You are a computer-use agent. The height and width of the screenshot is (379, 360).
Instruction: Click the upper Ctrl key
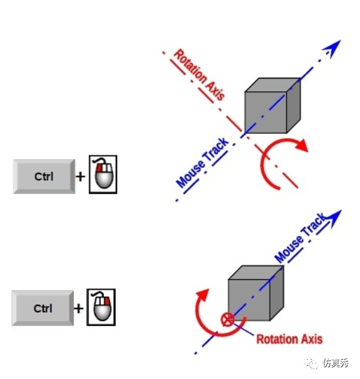coord(44,177)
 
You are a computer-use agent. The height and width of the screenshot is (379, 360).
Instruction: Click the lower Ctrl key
coord(42,308)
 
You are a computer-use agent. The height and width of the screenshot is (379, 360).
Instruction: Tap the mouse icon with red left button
coord(103,174)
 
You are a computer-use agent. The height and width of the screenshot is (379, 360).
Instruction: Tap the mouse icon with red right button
coord(101,307)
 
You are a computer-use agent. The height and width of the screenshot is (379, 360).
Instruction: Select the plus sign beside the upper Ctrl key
coord(81,177)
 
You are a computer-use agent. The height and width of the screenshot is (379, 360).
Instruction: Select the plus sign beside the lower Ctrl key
coord(78,308)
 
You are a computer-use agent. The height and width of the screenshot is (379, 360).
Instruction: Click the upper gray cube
coord(272,106)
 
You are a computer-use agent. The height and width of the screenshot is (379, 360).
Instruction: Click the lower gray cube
coord(256,293)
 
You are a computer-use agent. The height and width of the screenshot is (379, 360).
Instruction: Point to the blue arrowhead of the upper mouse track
coord(332,48)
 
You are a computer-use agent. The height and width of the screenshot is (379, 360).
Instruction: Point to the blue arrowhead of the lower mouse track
coord(333,219)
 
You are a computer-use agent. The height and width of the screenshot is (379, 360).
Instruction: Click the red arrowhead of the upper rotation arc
coord(302,145)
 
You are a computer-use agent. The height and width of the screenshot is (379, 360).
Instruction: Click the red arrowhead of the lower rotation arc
coord(202,295)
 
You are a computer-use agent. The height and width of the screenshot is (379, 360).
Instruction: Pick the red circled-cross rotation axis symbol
coord(227,319)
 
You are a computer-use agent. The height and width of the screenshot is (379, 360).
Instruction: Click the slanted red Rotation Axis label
coord(199,74)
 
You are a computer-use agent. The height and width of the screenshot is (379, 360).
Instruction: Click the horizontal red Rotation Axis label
coord(289,339)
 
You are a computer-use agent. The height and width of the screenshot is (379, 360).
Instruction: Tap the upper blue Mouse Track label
coord(202,162)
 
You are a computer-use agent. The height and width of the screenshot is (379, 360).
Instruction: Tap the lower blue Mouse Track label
coord(301,238)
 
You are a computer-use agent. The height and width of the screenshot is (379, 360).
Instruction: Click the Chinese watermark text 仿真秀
coord(336,363)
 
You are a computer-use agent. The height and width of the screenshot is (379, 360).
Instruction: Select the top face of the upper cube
coord(272,85)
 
